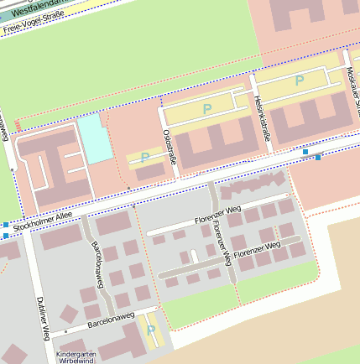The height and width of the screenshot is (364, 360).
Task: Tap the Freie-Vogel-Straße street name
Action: click(34, 23)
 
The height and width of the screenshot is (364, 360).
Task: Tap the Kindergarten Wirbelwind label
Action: click(72, 357)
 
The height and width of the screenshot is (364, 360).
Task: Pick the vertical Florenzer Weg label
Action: click(219, 237)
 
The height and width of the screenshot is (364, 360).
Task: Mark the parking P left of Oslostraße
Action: click(145, 157)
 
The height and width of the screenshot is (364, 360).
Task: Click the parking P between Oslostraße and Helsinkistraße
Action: click(207, 109)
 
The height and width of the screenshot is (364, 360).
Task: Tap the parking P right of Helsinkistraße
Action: click(299, 81)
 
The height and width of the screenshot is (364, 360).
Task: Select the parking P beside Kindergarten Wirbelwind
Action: click(151, 330)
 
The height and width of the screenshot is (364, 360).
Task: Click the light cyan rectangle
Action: click(94, 138)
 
